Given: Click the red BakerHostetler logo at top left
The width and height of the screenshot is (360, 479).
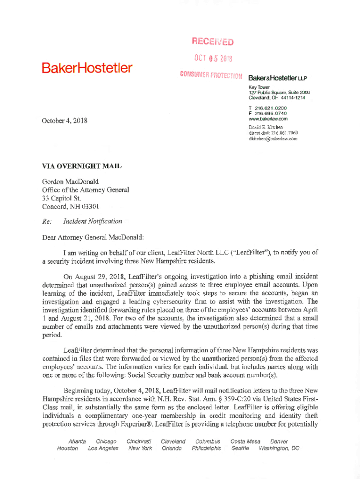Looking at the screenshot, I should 87,68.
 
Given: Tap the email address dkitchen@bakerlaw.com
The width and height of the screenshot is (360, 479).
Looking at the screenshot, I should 273,138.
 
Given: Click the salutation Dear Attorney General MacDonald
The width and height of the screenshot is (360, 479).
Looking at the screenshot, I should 93,237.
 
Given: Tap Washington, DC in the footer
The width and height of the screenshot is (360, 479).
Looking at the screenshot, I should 279,448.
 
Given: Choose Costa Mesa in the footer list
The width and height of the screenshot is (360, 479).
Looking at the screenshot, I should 245,441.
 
